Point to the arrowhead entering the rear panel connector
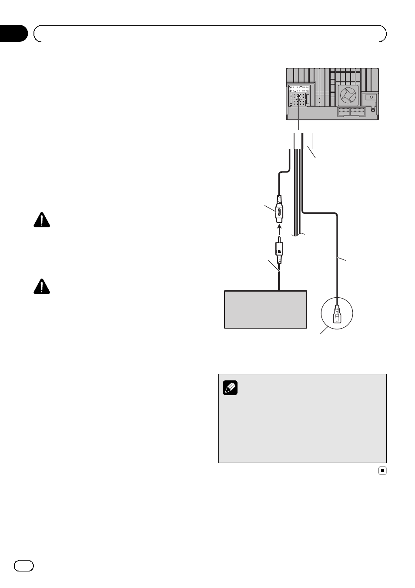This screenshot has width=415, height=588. point(299,94)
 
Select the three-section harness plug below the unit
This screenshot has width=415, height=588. point(299,141)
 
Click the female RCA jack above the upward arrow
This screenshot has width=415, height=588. point(279,209)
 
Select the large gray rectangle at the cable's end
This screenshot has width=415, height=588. point(265,309)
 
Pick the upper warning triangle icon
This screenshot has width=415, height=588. point(42,220)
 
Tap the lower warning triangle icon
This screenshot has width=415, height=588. point(42,286)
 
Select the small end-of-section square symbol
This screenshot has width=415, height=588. point(382,470)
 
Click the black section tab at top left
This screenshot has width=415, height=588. point(13,34)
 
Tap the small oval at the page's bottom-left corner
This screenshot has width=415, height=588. point(24,565)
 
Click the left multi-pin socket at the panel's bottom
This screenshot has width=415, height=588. point(344,111)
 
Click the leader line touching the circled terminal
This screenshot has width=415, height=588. point(324,331)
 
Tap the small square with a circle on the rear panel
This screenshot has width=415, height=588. point(371,97)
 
